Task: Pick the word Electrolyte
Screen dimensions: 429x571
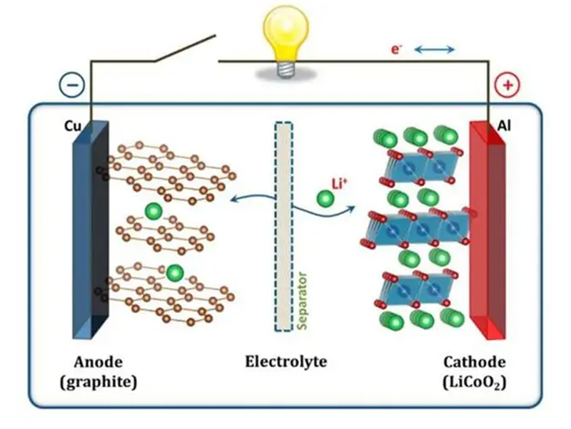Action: tap(285, 361)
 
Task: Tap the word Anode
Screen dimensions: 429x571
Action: tap(98, 361)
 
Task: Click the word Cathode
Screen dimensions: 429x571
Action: tap(474, 361)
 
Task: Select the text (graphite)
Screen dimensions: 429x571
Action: tap(98, 382)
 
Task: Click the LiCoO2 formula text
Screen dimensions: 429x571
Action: tap(474, 383)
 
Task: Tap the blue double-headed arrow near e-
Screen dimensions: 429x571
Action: tap(435, 49)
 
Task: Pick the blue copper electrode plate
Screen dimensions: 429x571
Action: tap(91, 228)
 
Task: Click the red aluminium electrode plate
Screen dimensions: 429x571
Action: tap(487, 228)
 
